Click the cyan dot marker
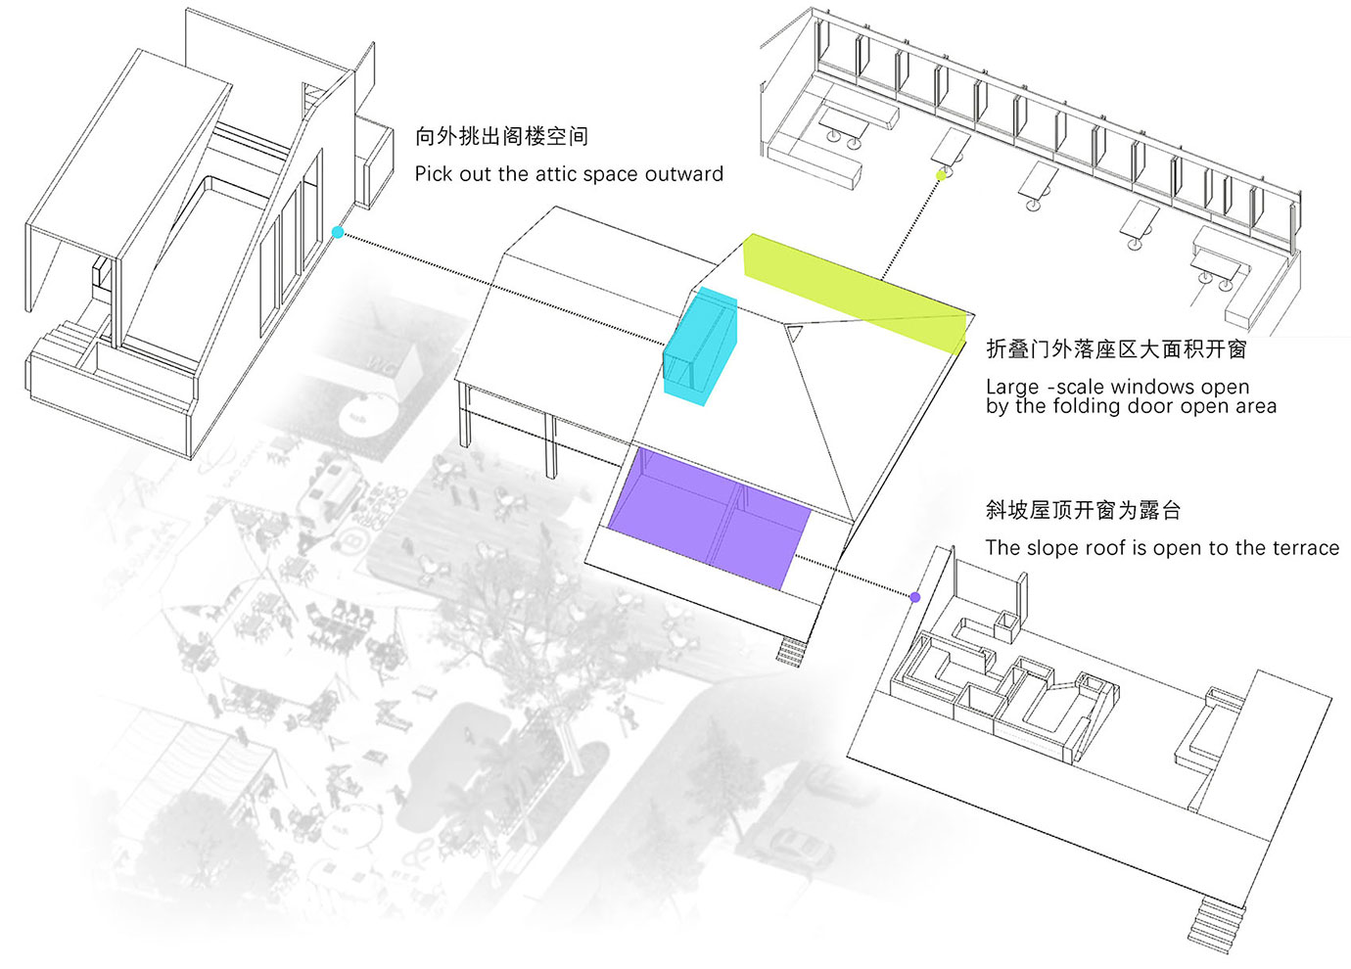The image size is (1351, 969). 338,232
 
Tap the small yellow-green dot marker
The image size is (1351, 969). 941,175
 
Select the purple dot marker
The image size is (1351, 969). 915,598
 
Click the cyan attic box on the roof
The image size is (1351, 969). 700,346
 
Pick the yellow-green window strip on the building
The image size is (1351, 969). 854,292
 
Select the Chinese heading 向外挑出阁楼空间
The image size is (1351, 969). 501,136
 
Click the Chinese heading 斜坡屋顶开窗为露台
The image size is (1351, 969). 1083,510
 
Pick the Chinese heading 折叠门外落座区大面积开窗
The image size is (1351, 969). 1116,349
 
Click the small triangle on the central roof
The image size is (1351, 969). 795,334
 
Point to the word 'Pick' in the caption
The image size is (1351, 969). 433,173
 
